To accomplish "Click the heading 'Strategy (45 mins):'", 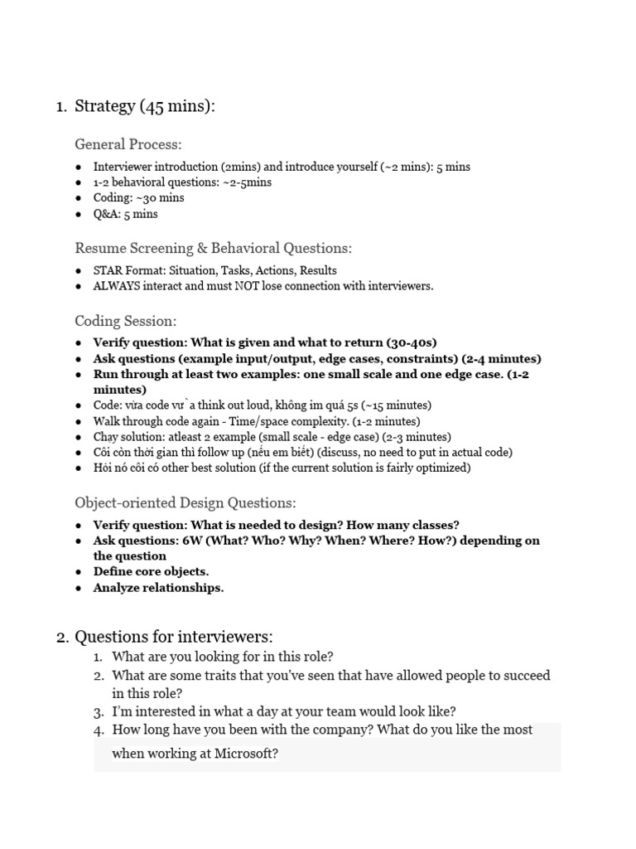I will click(145, 106).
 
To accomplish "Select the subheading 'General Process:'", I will click(128, 144).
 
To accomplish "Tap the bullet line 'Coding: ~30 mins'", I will click(138, 198).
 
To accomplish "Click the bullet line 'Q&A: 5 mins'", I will click(125, 214).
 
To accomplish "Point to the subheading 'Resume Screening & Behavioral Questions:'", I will click(213, 248).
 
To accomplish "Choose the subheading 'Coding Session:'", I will click(125, 321).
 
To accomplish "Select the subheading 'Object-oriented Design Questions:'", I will click(185, 502).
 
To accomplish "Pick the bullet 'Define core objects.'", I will click(151, 572).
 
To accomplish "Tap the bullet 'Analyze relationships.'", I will click(158, 588).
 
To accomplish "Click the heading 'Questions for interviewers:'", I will click(173, 637).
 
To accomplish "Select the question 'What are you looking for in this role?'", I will click(223, 657).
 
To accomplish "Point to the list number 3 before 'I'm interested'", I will click(98, 711).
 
